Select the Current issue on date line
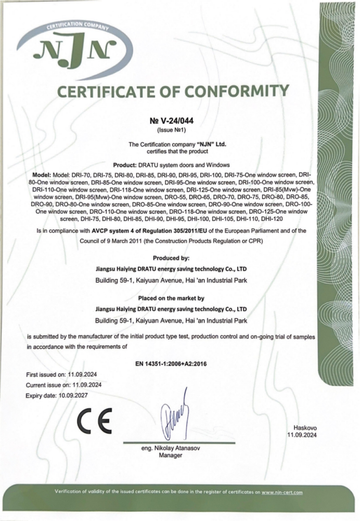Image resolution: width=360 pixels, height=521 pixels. pyautogui.click(x=64, y=385)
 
